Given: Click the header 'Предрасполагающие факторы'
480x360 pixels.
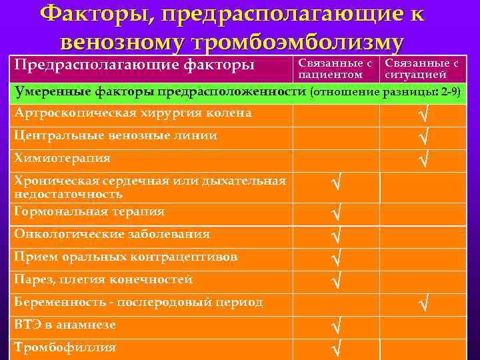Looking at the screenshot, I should tap(134, 65).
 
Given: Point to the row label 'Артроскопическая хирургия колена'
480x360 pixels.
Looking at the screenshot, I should tap(133, 113).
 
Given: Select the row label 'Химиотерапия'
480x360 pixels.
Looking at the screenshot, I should tap(63, 159).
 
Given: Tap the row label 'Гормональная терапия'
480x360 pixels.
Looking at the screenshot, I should tap(89, 211).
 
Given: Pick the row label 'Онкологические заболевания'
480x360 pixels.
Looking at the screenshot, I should tap(112, 234).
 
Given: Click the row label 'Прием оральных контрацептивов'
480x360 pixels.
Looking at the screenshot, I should tap(126, 257).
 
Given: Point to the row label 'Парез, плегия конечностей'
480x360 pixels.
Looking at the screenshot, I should tap(103, 279).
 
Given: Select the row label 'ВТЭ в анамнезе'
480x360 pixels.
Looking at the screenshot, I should tap(65, 325).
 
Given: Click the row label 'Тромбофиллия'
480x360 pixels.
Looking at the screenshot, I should tap(65, 347).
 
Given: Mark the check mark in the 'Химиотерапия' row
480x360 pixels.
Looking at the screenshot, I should tap(421, 159).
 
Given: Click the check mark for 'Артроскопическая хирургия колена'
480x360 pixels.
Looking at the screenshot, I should tap(421, 115).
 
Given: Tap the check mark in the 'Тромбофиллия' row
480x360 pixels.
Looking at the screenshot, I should tap(336, 348).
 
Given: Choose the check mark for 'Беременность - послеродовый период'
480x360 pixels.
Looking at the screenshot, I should tap(421, 304).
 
